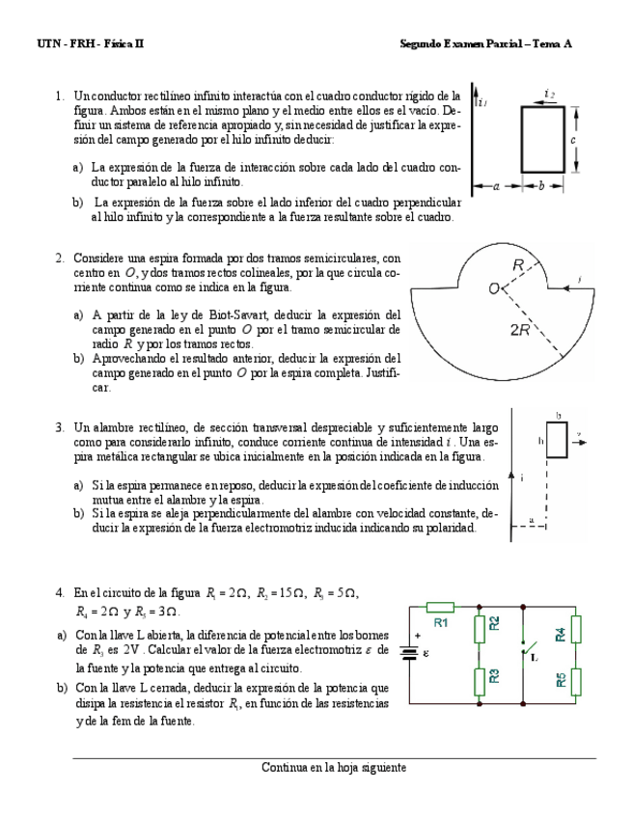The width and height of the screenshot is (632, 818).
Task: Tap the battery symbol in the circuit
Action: [408, 653]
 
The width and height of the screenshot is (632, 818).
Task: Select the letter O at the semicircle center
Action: [493, 287]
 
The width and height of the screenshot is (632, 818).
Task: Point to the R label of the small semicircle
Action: [518, 265]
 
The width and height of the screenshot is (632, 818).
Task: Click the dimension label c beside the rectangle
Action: [573, 139]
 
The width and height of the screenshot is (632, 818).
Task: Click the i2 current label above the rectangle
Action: [549, 94]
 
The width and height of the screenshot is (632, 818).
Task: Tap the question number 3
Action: [59, 427]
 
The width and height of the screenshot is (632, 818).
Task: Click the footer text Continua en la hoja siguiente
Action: [334, 768]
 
